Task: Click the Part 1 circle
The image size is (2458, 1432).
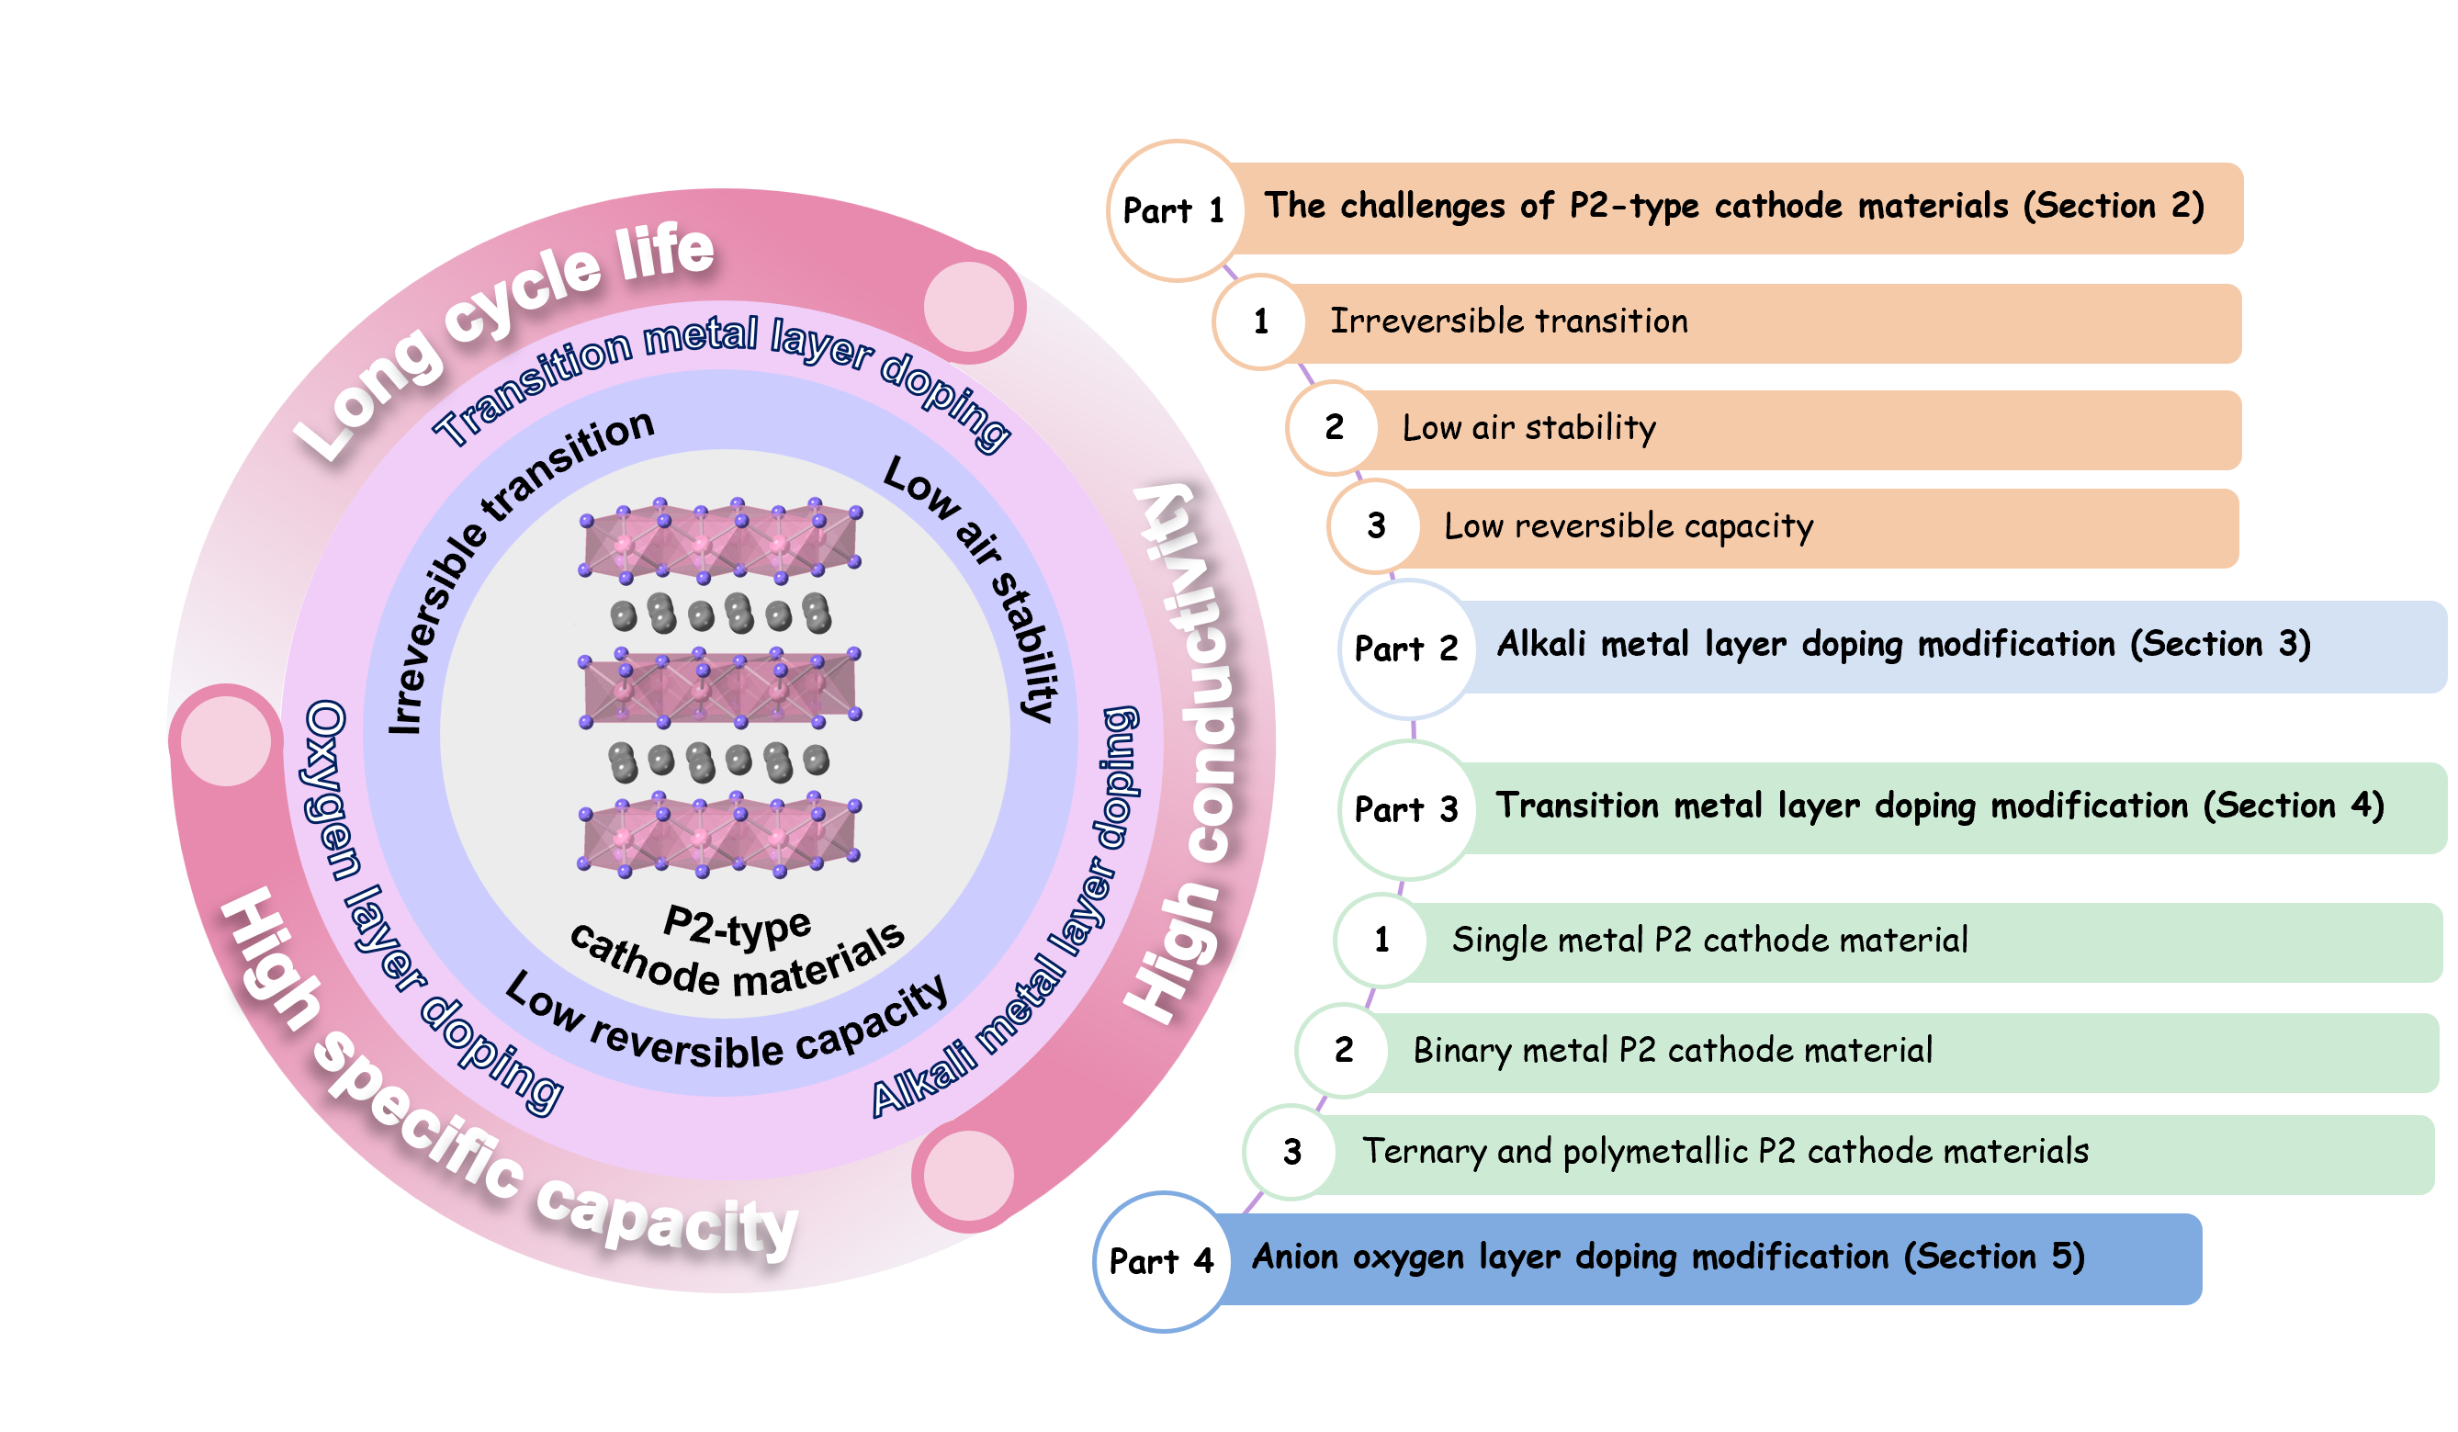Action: point(1177,210)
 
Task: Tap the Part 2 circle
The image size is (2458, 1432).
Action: point(1406,648)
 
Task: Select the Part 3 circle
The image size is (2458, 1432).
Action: point(1406,809)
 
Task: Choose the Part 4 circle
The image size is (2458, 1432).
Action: point(1162,1261)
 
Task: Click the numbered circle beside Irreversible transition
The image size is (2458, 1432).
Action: point(1260,321)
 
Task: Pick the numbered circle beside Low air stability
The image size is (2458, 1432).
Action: point(1334,427)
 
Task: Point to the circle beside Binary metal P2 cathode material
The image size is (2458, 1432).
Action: point(1343,1051)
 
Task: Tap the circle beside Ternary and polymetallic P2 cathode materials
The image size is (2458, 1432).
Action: point(1291,1152)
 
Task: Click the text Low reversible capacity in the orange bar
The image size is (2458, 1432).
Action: point(1628,526)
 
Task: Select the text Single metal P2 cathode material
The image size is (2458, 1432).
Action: point(1708,941)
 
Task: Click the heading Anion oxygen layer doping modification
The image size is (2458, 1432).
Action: point(1571,1257)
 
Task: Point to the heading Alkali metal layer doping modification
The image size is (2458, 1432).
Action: point(1806,645)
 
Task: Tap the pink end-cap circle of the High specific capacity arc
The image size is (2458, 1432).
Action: point(226,739)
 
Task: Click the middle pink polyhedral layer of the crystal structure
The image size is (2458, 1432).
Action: point(720,688)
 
